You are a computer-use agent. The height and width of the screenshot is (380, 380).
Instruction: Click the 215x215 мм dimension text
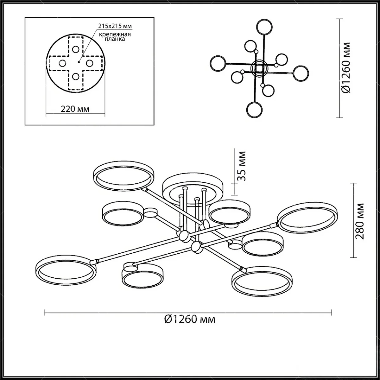(x=115, y=26)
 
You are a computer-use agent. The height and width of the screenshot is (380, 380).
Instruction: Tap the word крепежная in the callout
(x=115, y=34)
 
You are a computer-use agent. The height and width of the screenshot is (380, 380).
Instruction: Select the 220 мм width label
(x=75, y=109)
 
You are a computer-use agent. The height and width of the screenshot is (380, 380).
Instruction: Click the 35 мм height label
(x=241, y=166)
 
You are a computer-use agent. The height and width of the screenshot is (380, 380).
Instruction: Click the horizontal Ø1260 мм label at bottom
(x=190, y=319)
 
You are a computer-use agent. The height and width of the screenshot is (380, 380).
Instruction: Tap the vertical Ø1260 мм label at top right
(x=346, y=68)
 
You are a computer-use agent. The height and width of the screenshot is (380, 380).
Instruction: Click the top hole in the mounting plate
(x=76, y=49)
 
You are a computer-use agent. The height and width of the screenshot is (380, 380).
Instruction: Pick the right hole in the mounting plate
(x=90, y=63)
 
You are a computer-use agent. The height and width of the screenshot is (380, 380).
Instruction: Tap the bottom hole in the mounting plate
(x=76, y=76)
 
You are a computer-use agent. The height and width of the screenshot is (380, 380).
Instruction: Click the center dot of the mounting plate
(x=79, y=62)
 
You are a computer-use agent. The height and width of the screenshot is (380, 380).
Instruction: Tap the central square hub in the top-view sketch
(x=259, y=68)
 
